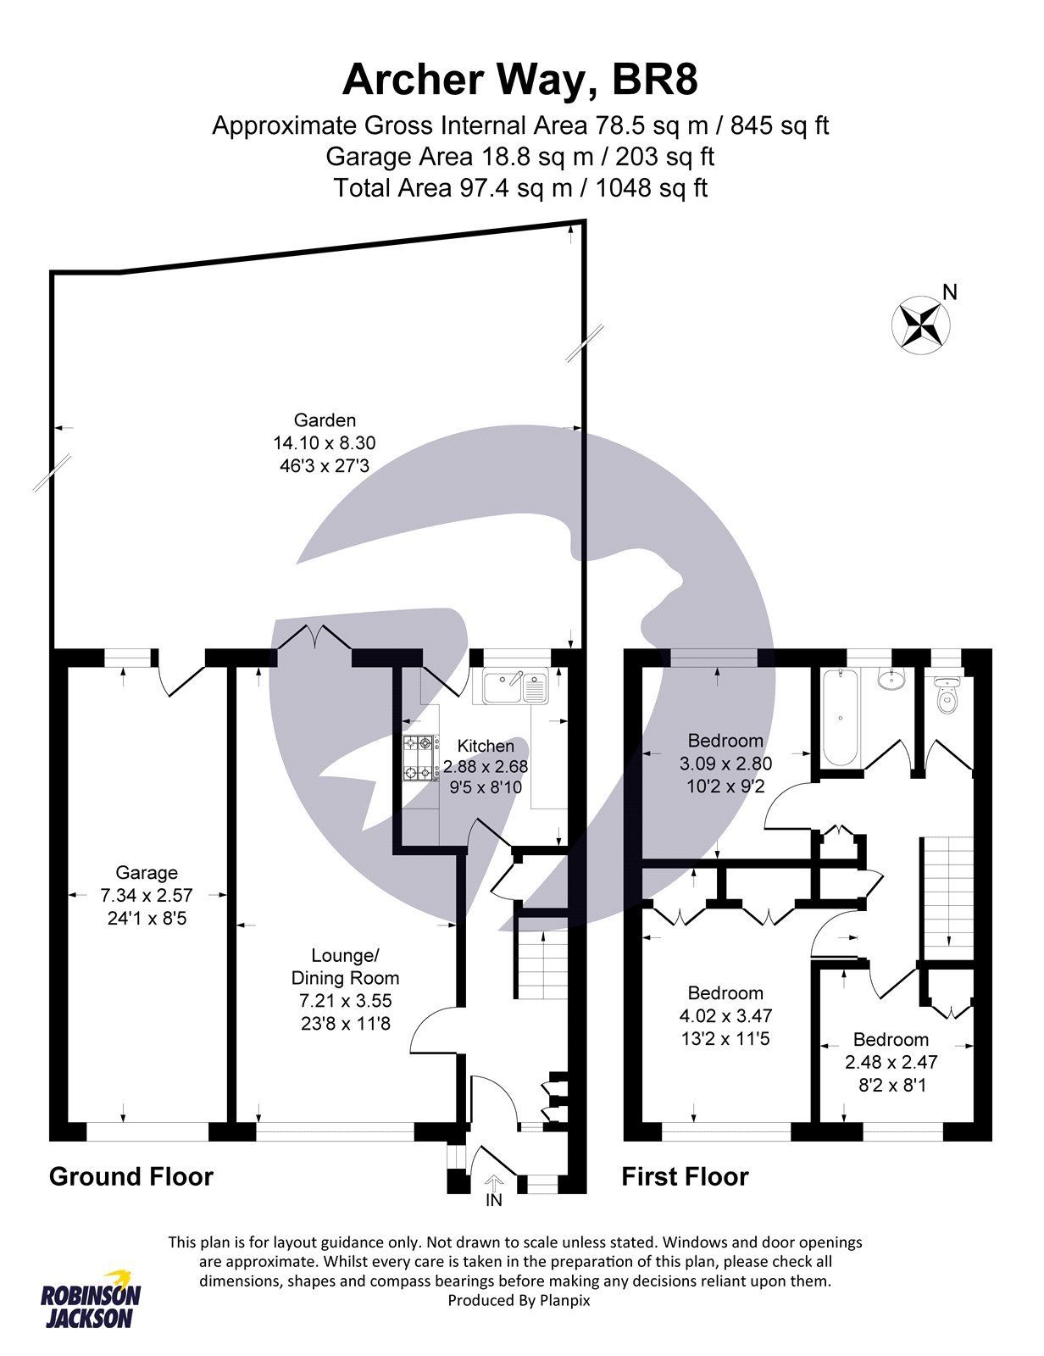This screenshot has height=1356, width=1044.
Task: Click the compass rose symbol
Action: tap(921, 325)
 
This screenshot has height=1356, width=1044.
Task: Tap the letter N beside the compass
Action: tap(950, 292)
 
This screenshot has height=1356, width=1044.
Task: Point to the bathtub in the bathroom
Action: tap(841, 717)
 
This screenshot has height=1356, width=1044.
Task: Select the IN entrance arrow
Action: tap(494, 1184)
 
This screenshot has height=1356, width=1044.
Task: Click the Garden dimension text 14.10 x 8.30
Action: tap(324, 442)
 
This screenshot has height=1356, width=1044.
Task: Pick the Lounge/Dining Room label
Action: tap(345, 966)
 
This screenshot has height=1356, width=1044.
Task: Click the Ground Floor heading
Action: tap(131, 1176)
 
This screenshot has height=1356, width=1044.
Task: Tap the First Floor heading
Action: tap(685, 1176)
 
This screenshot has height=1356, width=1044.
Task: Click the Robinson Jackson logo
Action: tap(92, 1299)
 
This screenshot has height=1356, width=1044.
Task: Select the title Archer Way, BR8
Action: tap(520, 81)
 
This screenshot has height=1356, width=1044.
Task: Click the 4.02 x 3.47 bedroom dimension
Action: tap(725, 1015)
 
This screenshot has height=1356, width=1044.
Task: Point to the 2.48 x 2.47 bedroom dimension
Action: tap(891, 1061)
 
